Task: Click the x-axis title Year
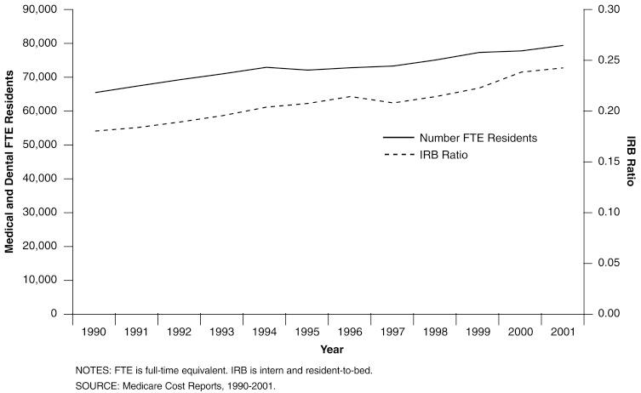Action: click(x=332, y=350)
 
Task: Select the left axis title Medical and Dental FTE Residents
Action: click(x=11, y=162)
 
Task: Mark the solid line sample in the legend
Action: click(x=398, y=137)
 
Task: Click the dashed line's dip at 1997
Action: click(x=392, y=103)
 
